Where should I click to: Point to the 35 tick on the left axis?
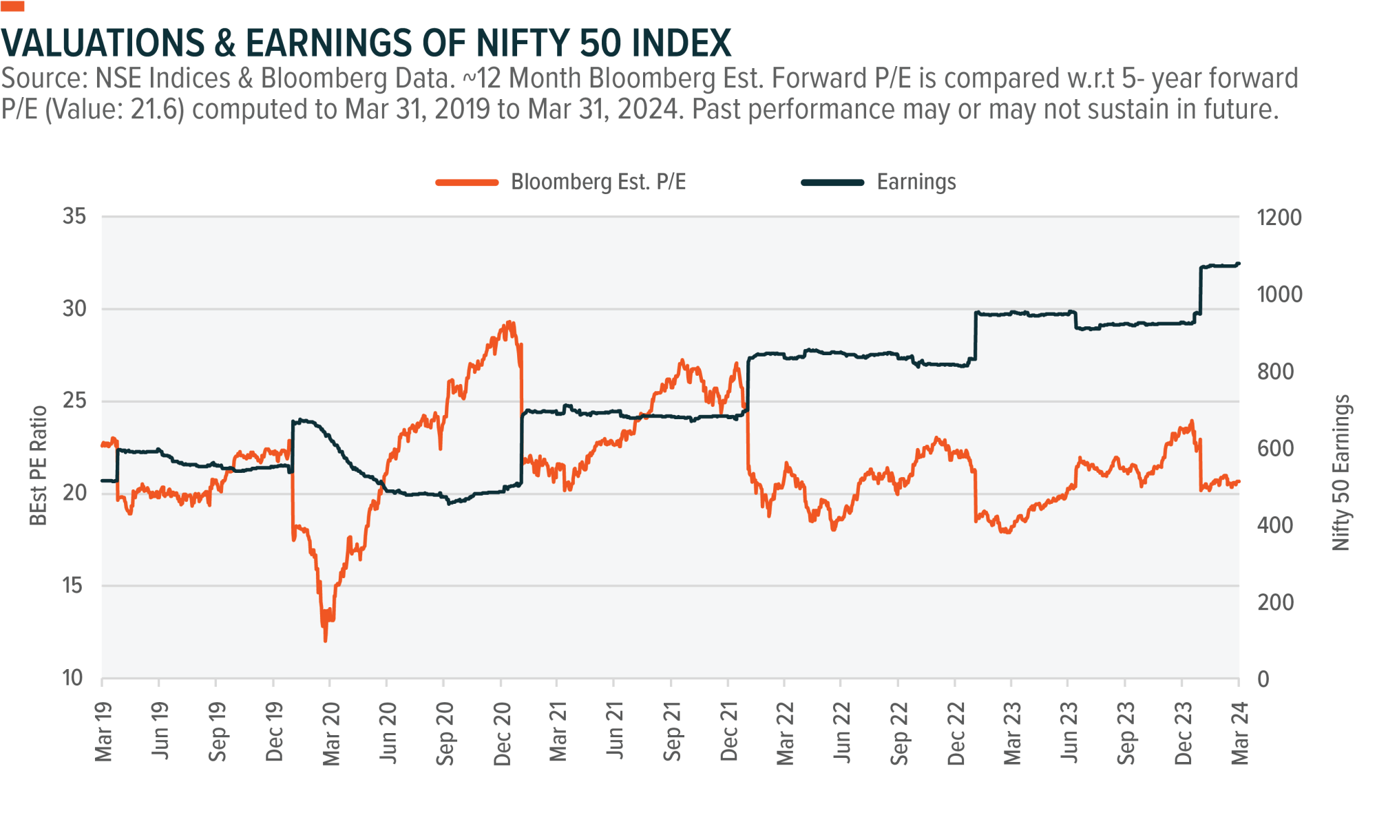[74, 217]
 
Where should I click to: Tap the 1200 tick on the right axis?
[1279, 218]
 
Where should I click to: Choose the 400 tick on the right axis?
[1275, 526]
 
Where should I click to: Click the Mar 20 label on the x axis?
[332, 733]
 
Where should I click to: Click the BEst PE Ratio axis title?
[39, 466]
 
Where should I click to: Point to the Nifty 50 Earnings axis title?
[1341, 473]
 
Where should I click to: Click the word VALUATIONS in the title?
[103, 43]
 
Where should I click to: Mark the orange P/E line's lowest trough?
[325, 641]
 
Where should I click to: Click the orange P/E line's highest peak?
[509, 322]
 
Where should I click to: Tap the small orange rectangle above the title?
[12, 6]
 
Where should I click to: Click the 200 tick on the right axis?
[1275, 603]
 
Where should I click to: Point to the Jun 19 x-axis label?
[160, 733]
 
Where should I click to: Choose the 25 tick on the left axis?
[74, 401]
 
